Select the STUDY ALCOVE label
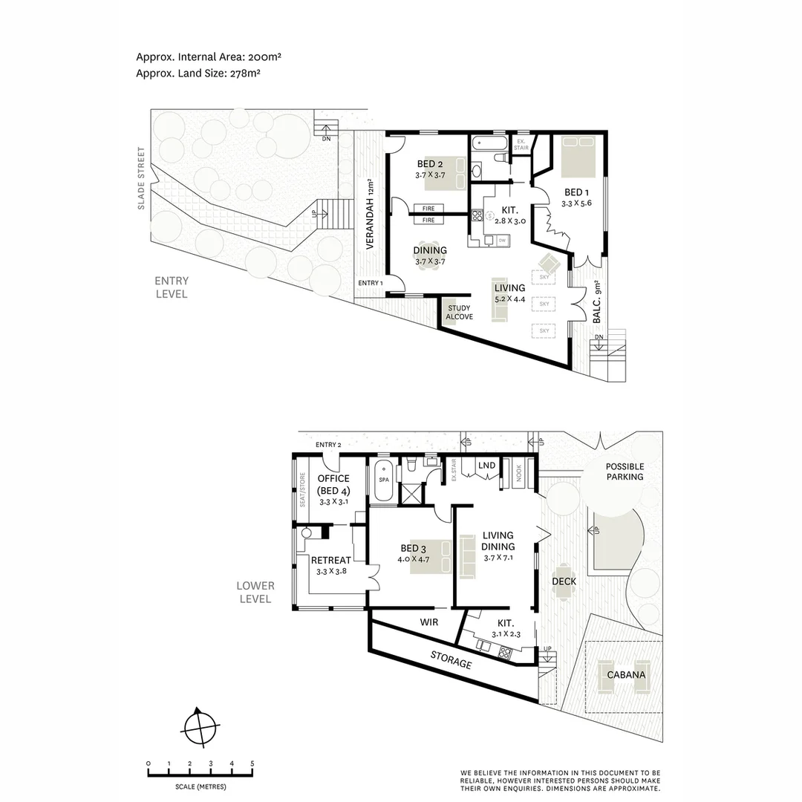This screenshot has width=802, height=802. pos(459,312)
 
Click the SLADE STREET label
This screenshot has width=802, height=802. pos(141,187)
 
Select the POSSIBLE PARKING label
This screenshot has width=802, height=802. pos(625,472)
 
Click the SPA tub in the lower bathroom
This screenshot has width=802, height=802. pos(384,479)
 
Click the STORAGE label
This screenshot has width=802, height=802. pos(451,659)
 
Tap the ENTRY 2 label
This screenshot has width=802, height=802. pos(328,445)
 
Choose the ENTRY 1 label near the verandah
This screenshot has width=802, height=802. pos(371,283)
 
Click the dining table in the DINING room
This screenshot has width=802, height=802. pos(429,255)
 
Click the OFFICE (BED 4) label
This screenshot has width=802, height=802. pos(333,484)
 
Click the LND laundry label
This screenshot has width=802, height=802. pos(486,466)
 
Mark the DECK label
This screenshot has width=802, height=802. pos(564,581)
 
